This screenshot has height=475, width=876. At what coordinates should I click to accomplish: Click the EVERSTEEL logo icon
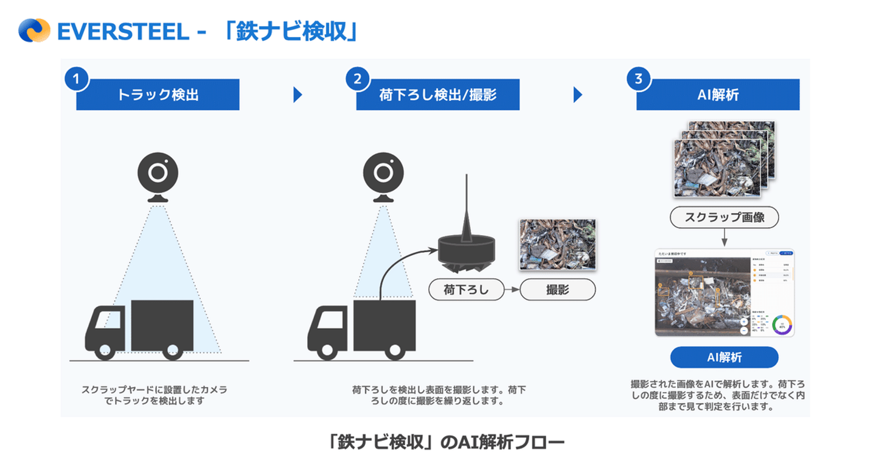click(x=34, y=30)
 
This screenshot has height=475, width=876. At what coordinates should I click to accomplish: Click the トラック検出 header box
click(x=158, y=95)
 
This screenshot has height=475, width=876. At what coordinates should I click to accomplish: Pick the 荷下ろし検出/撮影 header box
click(x=438, y=95)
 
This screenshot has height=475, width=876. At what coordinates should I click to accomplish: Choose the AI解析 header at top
click(x=718, y=95)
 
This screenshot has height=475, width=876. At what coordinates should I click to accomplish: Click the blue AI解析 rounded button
click(x=724, y=357)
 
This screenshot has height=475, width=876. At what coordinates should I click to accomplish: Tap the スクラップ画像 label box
click(x=724, y=217)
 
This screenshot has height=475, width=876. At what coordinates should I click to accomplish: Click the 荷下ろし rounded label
click(x=467, y=290)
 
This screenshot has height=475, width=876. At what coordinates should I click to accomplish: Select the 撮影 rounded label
click(x=557, y=290)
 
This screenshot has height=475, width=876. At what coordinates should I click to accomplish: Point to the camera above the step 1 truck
click(x=158, y=175)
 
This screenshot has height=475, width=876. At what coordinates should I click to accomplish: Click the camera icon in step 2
click(x=383, y=175)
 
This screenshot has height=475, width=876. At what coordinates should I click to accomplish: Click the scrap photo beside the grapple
click(x=557, y=244)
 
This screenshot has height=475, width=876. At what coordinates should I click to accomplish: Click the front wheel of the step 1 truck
click(x=105, y=351)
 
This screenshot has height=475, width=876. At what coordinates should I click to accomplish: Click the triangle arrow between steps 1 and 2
click(x=297, y=95)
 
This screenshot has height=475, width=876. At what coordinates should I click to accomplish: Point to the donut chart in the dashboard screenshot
click(x=782, y=325)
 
